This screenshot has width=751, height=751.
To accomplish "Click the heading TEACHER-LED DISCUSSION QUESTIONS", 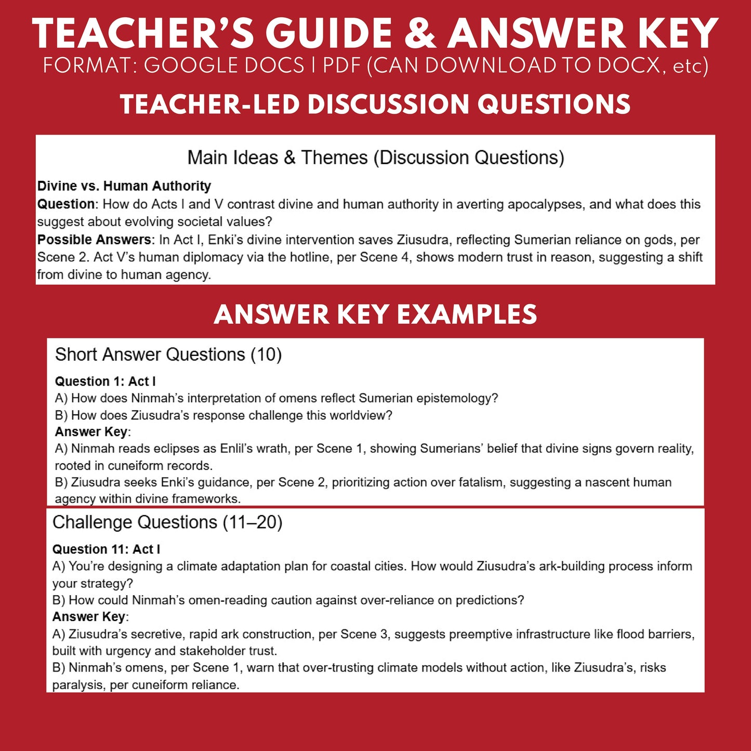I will point(375,104).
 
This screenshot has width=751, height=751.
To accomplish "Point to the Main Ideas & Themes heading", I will point(375,157).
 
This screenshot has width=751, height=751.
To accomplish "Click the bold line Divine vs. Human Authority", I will point(124,186).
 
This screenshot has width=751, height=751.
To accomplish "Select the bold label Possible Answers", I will point(94,240).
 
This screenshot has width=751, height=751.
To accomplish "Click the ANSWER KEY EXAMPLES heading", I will point(375,314).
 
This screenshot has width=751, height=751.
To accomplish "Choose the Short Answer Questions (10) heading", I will point(168,354).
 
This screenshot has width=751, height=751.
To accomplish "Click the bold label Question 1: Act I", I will point(105,381).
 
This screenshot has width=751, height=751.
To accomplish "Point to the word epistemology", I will point(460,399).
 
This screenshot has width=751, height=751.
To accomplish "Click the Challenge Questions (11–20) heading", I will point(167,522).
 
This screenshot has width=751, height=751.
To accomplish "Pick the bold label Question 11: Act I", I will point(106,549).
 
